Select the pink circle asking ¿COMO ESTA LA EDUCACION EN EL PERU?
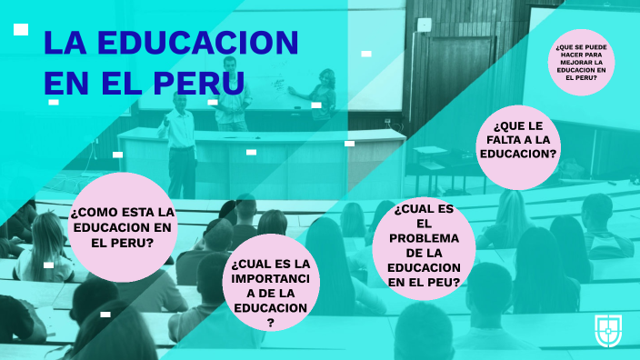(x=122, y=227)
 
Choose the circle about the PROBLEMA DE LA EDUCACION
(x=424, y=245)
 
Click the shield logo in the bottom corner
(x=608, y=331)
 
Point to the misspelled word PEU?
(x=443, y=282)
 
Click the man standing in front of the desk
(x=182, y=141)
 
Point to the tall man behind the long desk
(x=230, y=91)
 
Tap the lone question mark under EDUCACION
(x=270, y=323)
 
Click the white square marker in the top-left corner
(x=21, y=30)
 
